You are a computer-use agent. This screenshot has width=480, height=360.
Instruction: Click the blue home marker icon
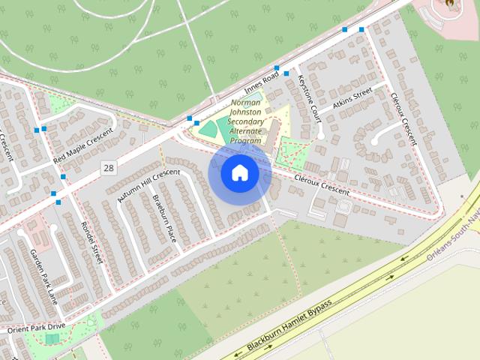point(239,173)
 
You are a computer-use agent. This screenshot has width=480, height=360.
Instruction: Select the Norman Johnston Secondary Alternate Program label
point(246,121)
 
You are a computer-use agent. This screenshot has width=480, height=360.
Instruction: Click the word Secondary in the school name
point(246,121)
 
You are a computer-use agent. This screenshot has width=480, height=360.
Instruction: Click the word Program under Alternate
point(246,140)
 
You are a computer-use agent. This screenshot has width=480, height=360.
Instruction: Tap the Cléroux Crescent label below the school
point(322,186)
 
